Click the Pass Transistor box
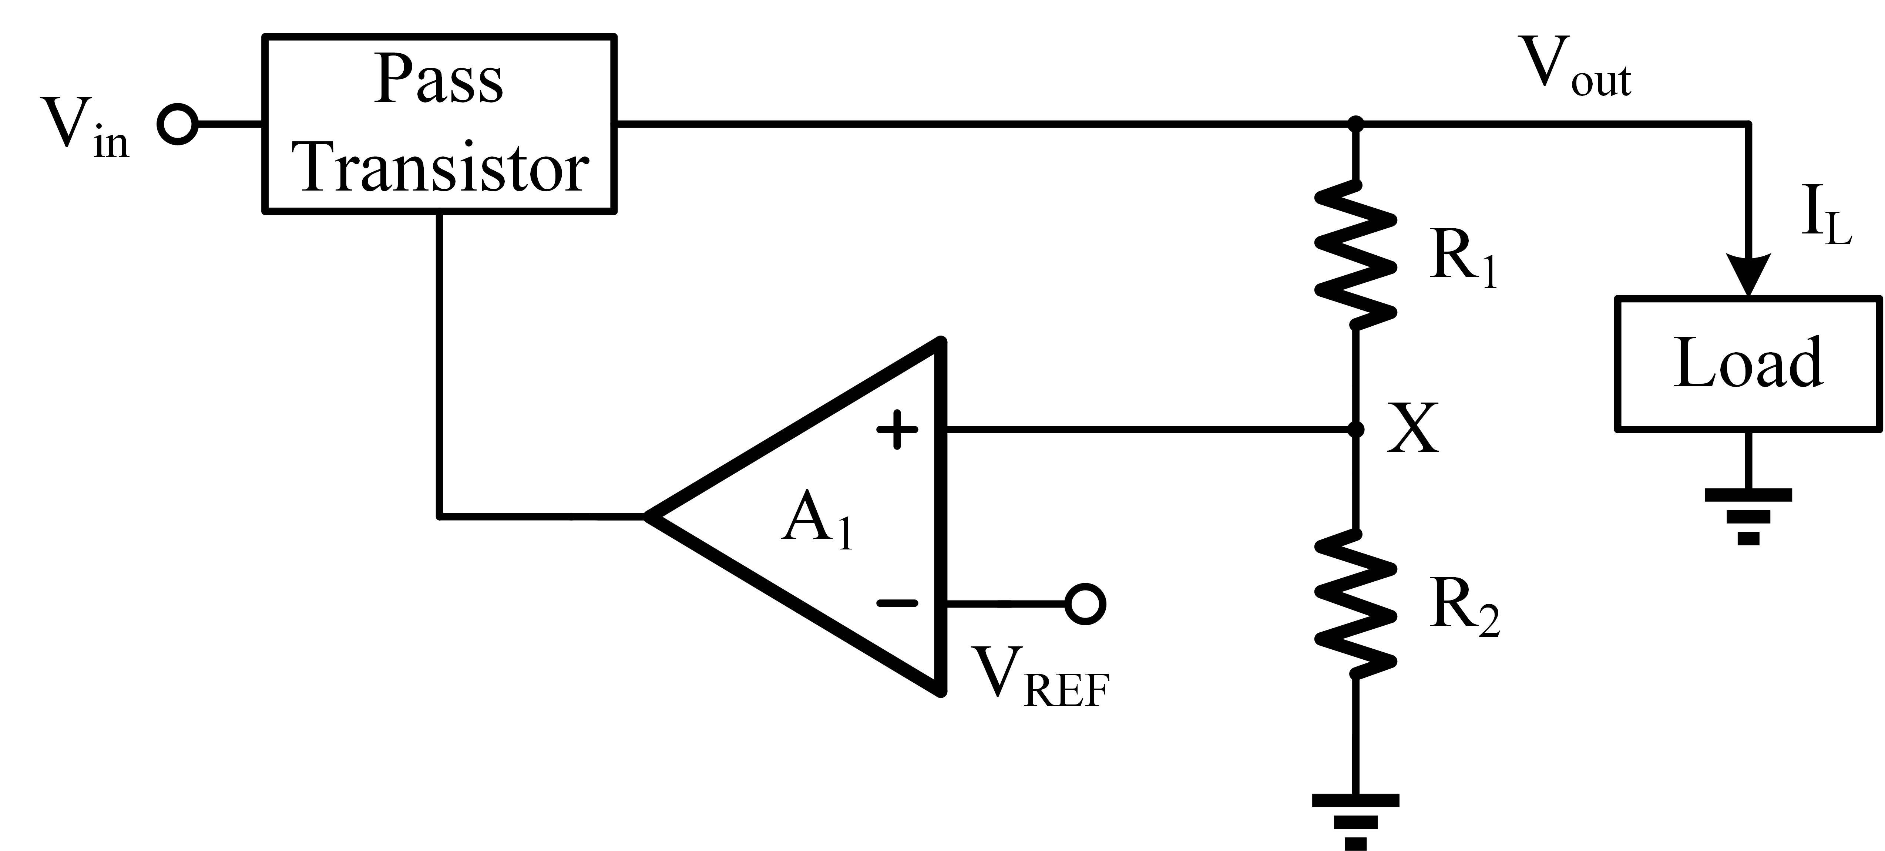[x=439, y=124]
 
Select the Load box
[x=1747, y=364]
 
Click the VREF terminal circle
[x=1085, y=604]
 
